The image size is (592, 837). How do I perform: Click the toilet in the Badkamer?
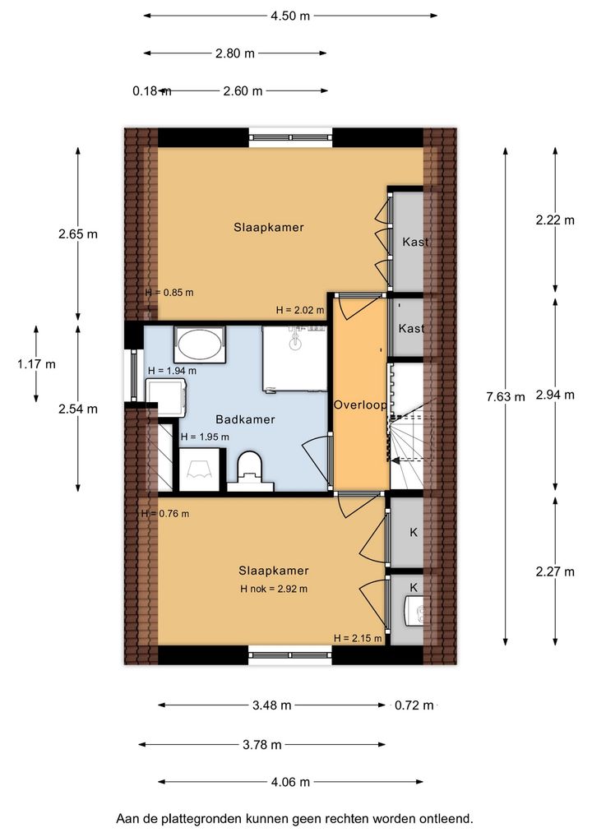pyautogui.click(x=250, y=470)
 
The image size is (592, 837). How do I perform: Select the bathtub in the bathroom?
pyautogui.click(x=199, y=345)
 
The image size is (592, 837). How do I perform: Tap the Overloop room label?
pyautogui.click(x=360, y=405)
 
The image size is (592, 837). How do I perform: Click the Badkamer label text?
pyautogui.click(x=245, y=419)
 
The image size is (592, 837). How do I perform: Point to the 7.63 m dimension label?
pyautogui.click(x=506, y=396)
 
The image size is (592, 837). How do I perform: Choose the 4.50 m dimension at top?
pyautogui.click(x=290, y=16)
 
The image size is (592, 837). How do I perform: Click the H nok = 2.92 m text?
pyautogui.click(x=274, y=590)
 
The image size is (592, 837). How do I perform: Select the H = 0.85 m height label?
pyautogui.click(x=169, y=293)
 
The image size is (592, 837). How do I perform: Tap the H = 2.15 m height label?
pyautogui.click(x=358, y=638)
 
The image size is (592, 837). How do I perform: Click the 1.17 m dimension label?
pyautogui.click(x=36, y=364)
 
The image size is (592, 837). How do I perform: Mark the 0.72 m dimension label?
pyautogui.click(x=414, y=705)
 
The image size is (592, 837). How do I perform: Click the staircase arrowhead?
pyautogui.click(x=395, y=460)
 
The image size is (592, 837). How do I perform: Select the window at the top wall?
pyautogui.click(x=291, y=138)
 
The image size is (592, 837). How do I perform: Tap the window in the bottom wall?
pyautogui.click(x=290, y=655)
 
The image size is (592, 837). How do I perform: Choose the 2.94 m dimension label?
pyautogui.click(x=555, y=395)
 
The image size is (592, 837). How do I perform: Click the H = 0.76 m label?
pyautogui.click(x=165, y=514)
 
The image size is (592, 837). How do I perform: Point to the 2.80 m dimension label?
pyautogui.click(x=235, y=53)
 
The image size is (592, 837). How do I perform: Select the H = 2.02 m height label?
pyautogui.click(x=300, y=310)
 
